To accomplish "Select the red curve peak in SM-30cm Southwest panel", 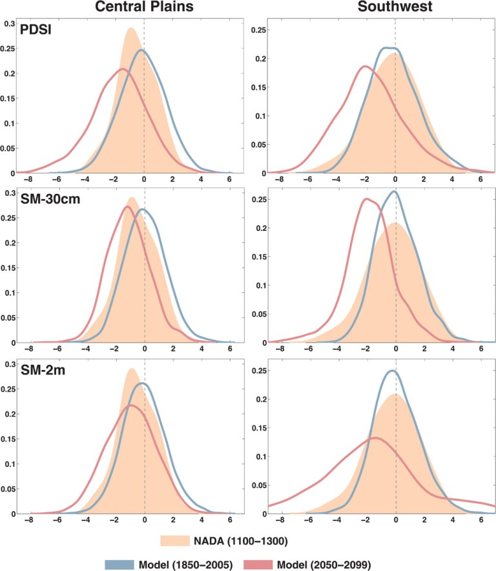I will point(366,199).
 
